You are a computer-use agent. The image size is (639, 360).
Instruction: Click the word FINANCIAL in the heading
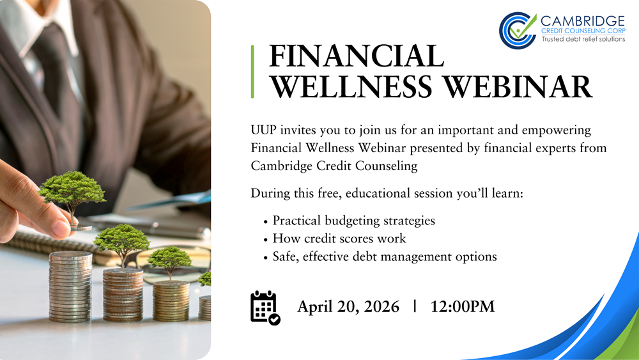[357, 56]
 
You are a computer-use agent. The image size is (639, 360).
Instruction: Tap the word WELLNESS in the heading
[347, 86]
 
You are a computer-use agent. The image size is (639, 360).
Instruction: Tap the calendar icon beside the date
[265, 308]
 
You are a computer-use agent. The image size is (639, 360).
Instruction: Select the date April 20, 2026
[348, 306]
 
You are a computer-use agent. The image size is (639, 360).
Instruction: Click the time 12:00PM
[463, 306]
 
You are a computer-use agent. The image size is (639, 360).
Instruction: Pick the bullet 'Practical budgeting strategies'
[353, 221]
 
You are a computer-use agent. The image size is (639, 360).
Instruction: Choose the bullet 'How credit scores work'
[339, 239]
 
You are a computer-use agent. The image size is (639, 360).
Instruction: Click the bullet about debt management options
[384, 256]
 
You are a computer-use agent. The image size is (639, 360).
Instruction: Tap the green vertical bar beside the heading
[253, 71]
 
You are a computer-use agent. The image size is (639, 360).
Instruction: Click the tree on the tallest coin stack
[72, 189]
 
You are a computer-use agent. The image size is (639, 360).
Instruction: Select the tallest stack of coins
[70, 287]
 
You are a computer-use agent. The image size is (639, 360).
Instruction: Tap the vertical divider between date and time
[415, 306]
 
